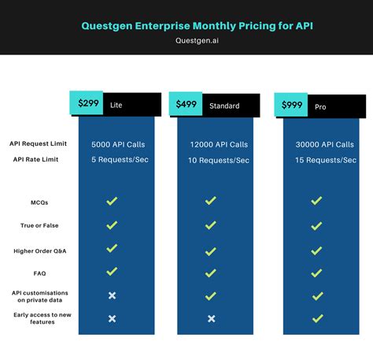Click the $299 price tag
click(87, 102)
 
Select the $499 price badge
click(186, 104)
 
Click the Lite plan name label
click(116, 104)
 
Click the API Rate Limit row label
click(36, 159)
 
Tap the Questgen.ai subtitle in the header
click(186, 41)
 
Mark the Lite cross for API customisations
click(112, 295)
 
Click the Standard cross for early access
click(210, 319)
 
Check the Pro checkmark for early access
click(316, 318)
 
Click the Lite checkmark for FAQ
click(112, 272)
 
